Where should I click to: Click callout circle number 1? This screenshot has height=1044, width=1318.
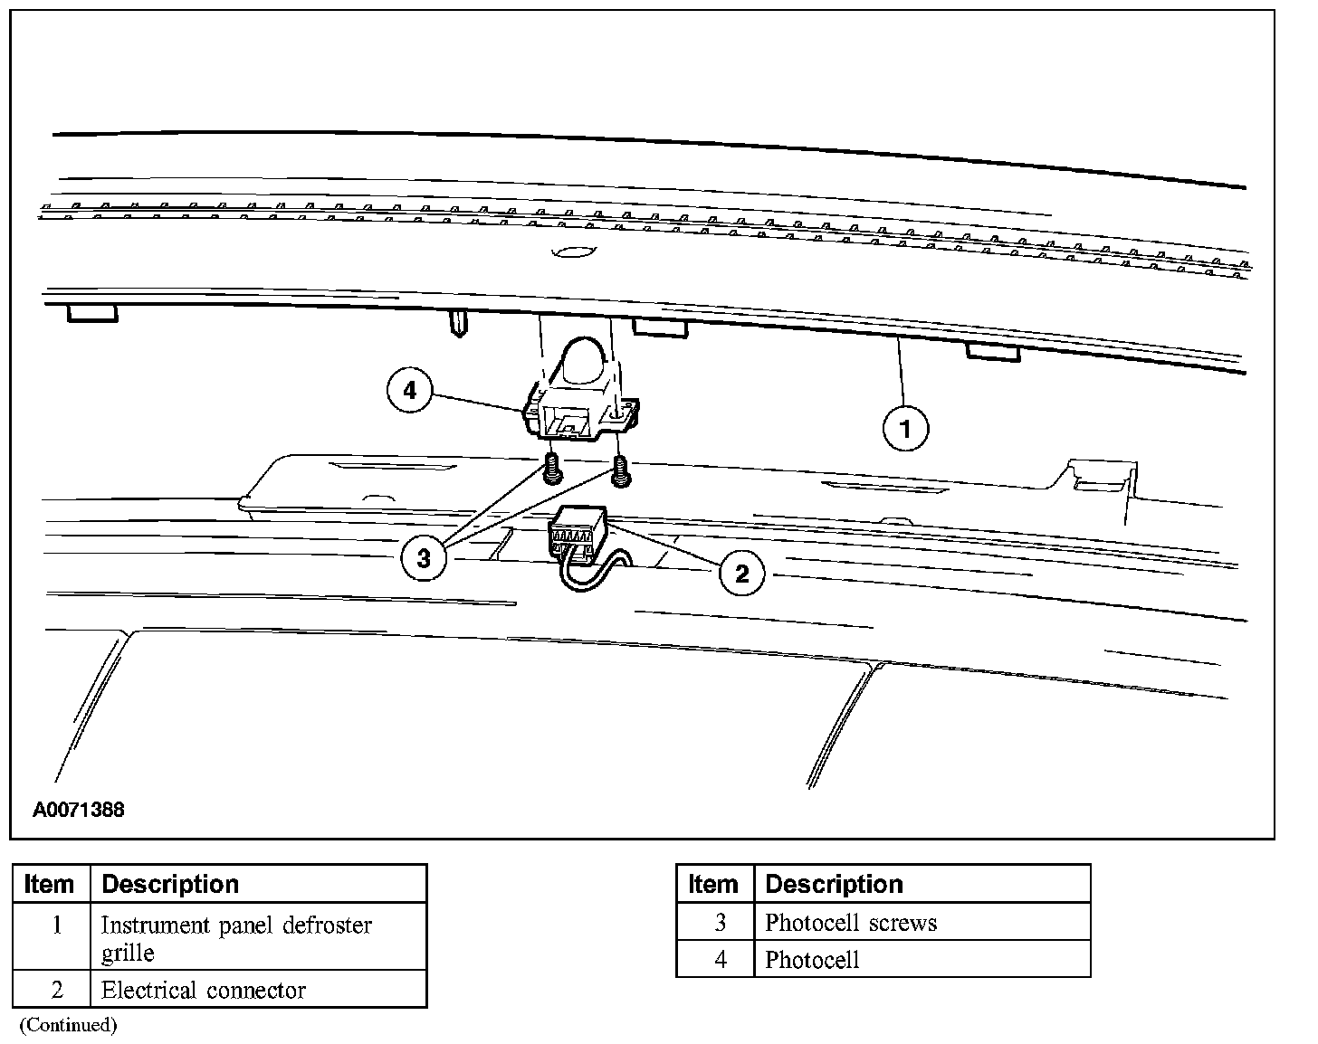point(905,427)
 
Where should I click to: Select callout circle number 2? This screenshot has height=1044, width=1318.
point(742,573)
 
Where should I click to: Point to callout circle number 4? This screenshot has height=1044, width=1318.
point(410,391)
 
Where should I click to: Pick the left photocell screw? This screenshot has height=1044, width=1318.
point(552,470)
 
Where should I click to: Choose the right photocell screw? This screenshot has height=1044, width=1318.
point(621,470)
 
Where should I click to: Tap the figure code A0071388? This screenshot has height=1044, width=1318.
point(79,810)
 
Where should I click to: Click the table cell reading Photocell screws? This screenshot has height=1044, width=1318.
point(851,923)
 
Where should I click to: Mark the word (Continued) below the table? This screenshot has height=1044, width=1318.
point(69,1025)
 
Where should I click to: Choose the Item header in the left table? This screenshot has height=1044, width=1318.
point(50,884)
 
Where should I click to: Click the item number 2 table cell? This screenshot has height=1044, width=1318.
point(56,990)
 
